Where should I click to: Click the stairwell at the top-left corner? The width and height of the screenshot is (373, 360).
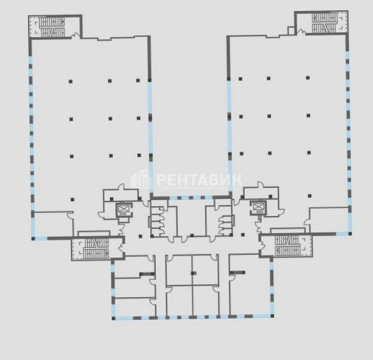(x=55, y=26)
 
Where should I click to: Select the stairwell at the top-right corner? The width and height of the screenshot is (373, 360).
(x=321, y=23)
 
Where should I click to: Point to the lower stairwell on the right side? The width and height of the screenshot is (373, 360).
(x=286, y=245)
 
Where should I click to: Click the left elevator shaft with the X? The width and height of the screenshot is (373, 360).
(x=123, y=210)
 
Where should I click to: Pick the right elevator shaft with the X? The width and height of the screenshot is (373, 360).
(x=258, y=207)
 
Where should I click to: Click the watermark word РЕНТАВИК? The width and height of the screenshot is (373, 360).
(x=200, y=179)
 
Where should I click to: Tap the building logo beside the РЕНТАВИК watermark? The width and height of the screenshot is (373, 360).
(x=140, y=179)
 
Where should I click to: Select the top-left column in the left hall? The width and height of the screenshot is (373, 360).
(x=70, y=81)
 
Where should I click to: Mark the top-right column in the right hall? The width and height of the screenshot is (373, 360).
(x=308, y=77)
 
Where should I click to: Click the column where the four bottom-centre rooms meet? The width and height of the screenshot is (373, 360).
(x=194, y=273)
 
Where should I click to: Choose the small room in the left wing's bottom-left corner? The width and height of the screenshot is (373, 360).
(x=53, y=224)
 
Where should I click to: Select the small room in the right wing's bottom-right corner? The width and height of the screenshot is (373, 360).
(x=329, y=220)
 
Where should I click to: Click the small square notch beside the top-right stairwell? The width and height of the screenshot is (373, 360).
(x=291, y=31)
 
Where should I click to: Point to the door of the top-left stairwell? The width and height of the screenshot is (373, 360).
(x=76, y=35)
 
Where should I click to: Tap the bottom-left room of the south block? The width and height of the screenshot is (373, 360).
(x=135, y=307)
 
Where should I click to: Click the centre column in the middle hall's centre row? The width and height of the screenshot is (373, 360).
(x=110, y=118)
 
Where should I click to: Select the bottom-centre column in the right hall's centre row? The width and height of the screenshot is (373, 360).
(x=269, y=153)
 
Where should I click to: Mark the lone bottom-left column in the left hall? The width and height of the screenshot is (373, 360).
(x=72, y=200)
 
